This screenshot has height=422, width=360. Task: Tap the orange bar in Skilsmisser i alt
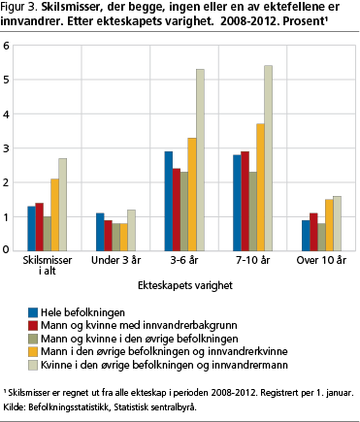(55, 214)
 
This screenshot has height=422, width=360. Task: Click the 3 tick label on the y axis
(8, 148)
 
